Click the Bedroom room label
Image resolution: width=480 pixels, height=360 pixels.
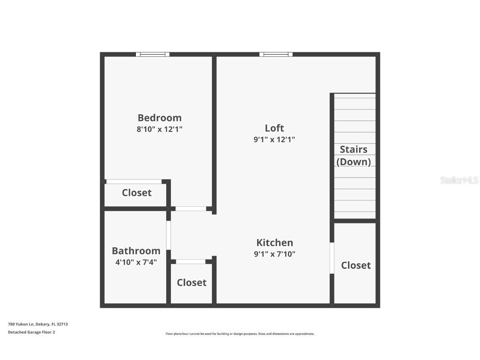coord(160,118)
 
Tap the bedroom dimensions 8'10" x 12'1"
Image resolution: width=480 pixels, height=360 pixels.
coord(160,129)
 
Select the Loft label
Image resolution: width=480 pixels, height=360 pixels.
coord(274,128)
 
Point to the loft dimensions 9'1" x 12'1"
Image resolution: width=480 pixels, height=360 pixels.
coord(274,140)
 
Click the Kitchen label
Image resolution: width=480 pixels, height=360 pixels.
coord(275,242)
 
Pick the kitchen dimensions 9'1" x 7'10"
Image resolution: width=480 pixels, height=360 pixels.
coord(275,254)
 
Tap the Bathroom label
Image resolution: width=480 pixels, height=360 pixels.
coord(136,251)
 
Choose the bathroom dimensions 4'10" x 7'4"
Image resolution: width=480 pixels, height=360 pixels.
coord(136,262)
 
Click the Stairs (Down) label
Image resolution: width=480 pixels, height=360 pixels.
coord(354,155)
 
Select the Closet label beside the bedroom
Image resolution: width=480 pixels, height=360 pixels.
coord(137,192)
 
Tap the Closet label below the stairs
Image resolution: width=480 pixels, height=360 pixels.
coord(356,265)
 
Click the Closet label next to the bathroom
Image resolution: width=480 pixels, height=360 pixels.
coord(192,282)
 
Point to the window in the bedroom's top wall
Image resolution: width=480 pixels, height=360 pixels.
coord(152,54)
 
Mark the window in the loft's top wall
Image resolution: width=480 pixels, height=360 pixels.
coord(276,54)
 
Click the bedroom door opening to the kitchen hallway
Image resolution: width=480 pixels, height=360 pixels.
coord(190,208)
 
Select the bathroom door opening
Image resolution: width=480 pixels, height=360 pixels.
coord(168,235)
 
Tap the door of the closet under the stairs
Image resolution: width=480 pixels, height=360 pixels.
coord(332,258)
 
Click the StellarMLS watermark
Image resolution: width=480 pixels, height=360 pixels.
coord(459,180)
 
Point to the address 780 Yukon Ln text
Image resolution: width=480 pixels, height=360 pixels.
coord(38,324)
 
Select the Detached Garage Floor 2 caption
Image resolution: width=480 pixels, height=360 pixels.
coord(32,332)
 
